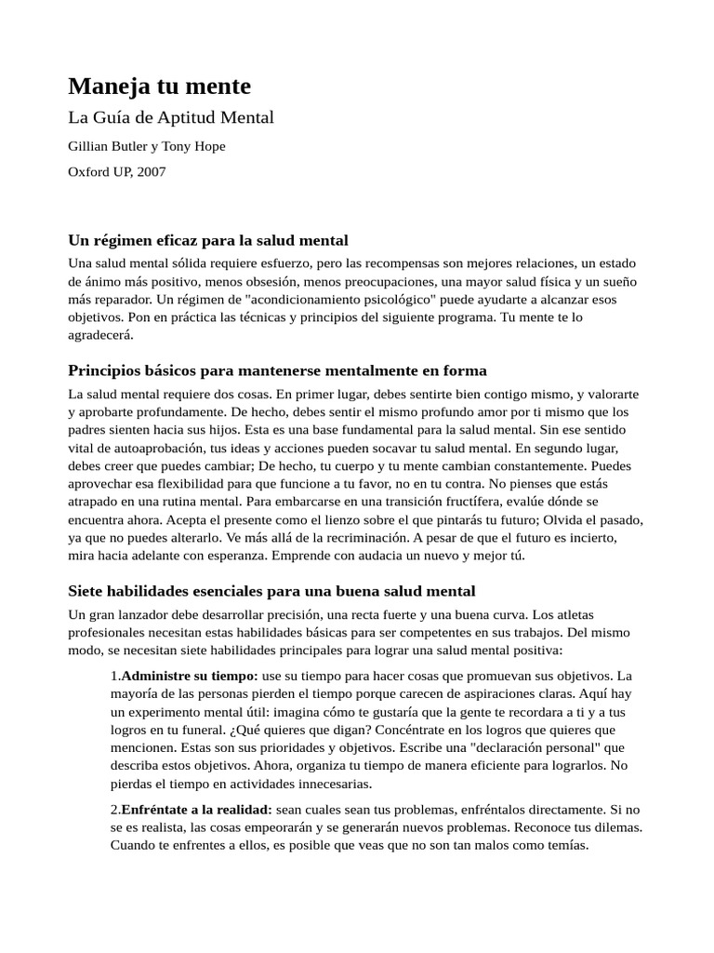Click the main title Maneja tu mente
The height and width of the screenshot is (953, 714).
[160, 87]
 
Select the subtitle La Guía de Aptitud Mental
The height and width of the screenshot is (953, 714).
[171, 117]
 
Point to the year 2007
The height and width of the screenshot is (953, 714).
[150, 171]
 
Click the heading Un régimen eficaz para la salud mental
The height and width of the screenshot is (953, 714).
[208, 240]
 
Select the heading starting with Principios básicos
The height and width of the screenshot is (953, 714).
[277, 370]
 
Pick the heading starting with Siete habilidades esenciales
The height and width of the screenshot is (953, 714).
[271, 590]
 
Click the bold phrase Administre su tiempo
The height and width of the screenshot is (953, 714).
[190, 675]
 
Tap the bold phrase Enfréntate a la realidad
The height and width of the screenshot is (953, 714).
[195, 811]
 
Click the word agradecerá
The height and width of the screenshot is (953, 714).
[101, 335]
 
